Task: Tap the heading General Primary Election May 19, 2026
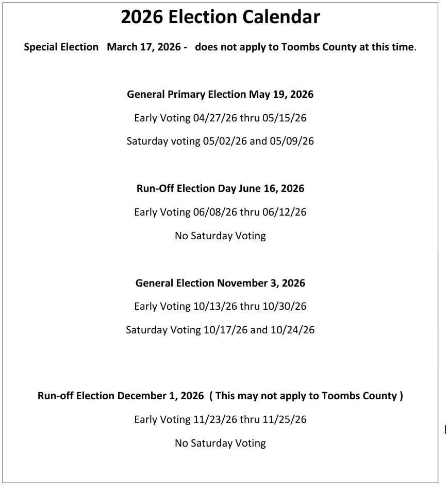[220, 94]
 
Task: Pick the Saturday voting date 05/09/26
[292, 141]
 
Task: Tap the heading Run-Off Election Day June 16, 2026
[220, 188]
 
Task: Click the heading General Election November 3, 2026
[220, 283]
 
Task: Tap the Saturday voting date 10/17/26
[225, 330]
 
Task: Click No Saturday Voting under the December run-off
[220, 442]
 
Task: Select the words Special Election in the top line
[61, 47]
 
